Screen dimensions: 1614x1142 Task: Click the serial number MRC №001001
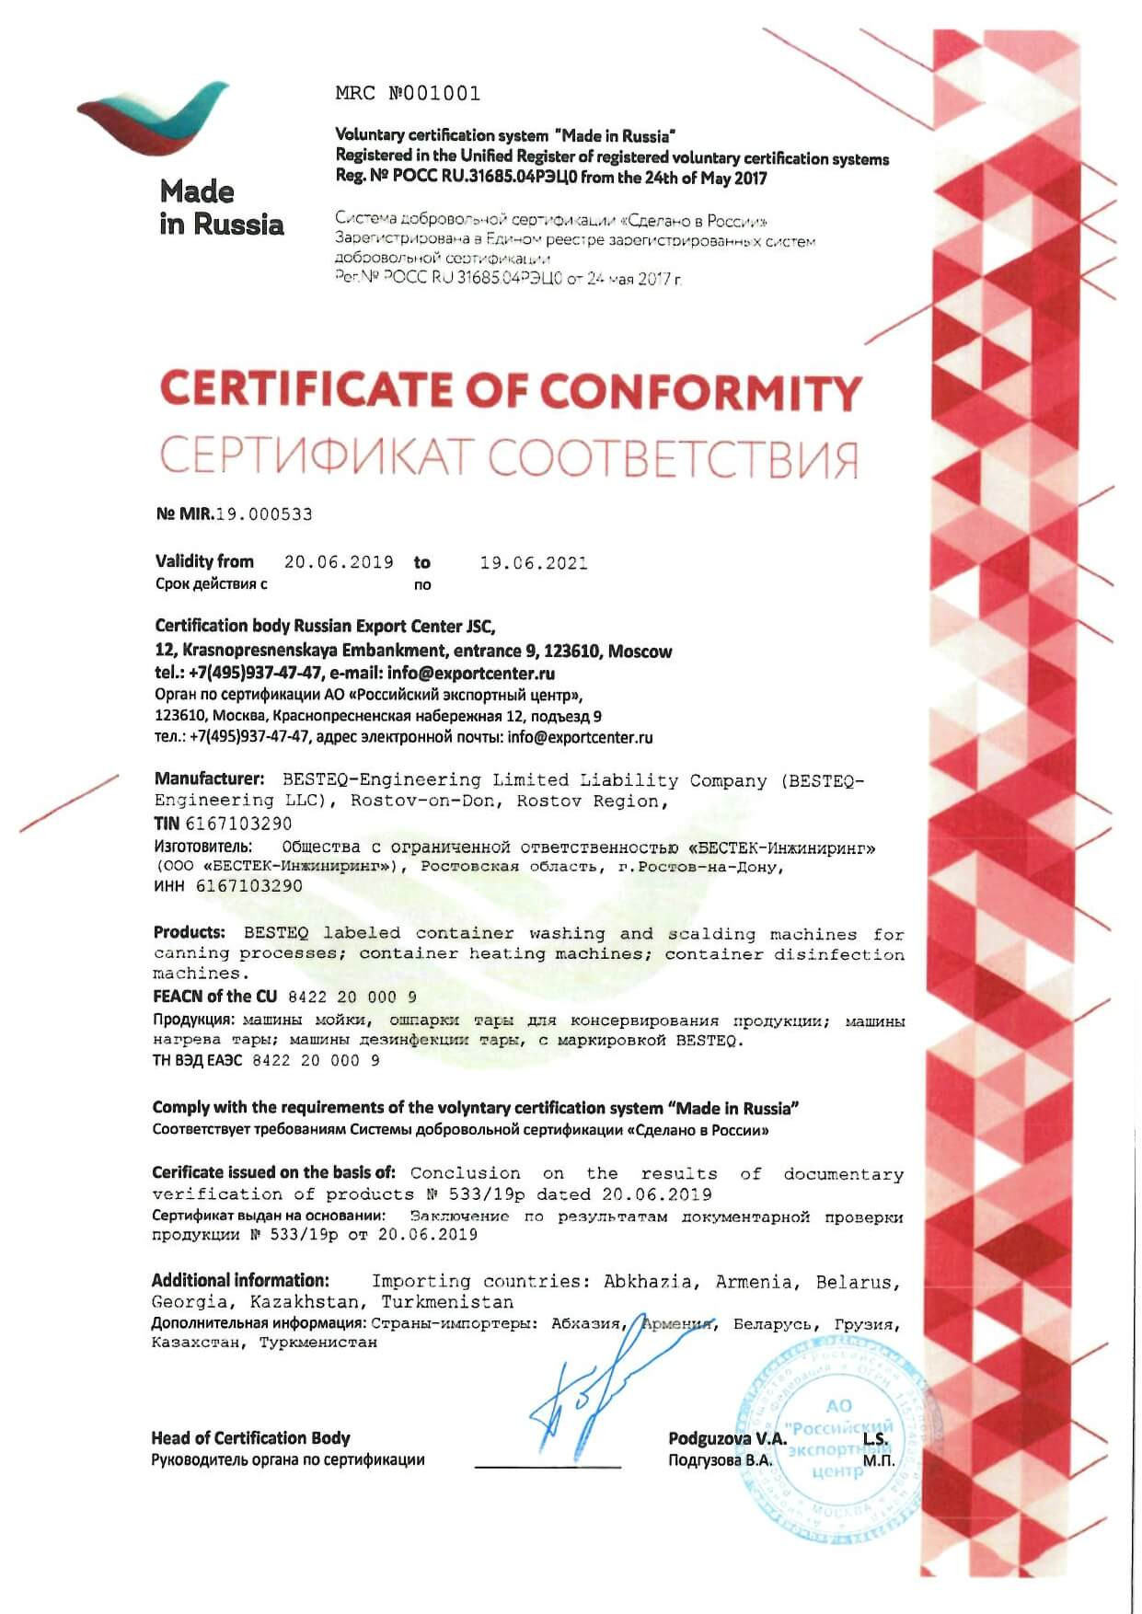tap(408, 93)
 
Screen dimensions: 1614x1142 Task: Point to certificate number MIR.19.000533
tap(235, 514)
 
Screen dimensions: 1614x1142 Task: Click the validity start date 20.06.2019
tap(339, 562)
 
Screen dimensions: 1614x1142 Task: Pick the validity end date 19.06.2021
tap(533, 563)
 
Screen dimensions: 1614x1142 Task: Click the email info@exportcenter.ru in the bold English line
tap(471, 673)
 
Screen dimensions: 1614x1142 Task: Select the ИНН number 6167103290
tap(249, 886)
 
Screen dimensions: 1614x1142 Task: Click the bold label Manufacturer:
tap(210, 779)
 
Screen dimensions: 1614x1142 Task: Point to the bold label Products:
tap(190, 932)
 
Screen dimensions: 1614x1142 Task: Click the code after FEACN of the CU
tap(352, 997)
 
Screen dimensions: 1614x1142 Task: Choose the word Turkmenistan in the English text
tap(447, 1302)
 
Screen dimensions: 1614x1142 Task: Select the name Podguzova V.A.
tap(727, 1438)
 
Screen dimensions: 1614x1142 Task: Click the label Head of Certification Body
tap(250, 1438)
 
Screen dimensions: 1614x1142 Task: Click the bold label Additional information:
tap(240, 1280)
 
